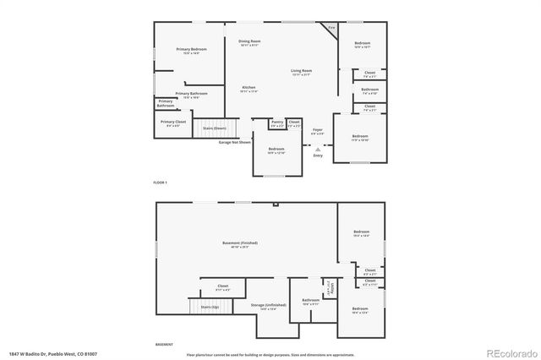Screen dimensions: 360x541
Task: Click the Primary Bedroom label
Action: (191, 51)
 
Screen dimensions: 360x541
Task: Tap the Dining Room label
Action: (249, 42)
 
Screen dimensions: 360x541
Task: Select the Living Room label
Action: (302, 73)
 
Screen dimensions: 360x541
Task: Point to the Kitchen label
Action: (249, 89)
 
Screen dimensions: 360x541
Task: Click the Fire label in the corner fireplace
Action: (332, 29)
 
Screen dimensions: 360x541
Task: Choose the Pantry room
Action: (277, 123)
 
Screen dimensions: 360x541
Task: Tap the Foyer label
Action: (317, 130)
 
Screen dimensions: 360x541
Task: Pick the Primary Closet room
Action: (174, 123)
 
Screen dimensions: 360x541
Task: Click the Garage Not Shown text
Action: (235, 142)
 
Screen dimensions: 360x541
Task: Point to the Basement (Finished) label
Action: (240, 244)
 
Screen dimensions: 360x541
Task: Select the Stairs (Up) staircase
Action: (205, 308)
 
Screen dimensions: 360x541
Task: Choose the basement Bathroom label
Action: (310, 302)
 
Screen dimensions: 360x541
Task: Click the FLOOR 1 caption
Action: (161, 183)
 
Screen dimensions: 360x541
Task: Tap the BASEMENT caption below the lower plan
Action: (164, 344)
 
